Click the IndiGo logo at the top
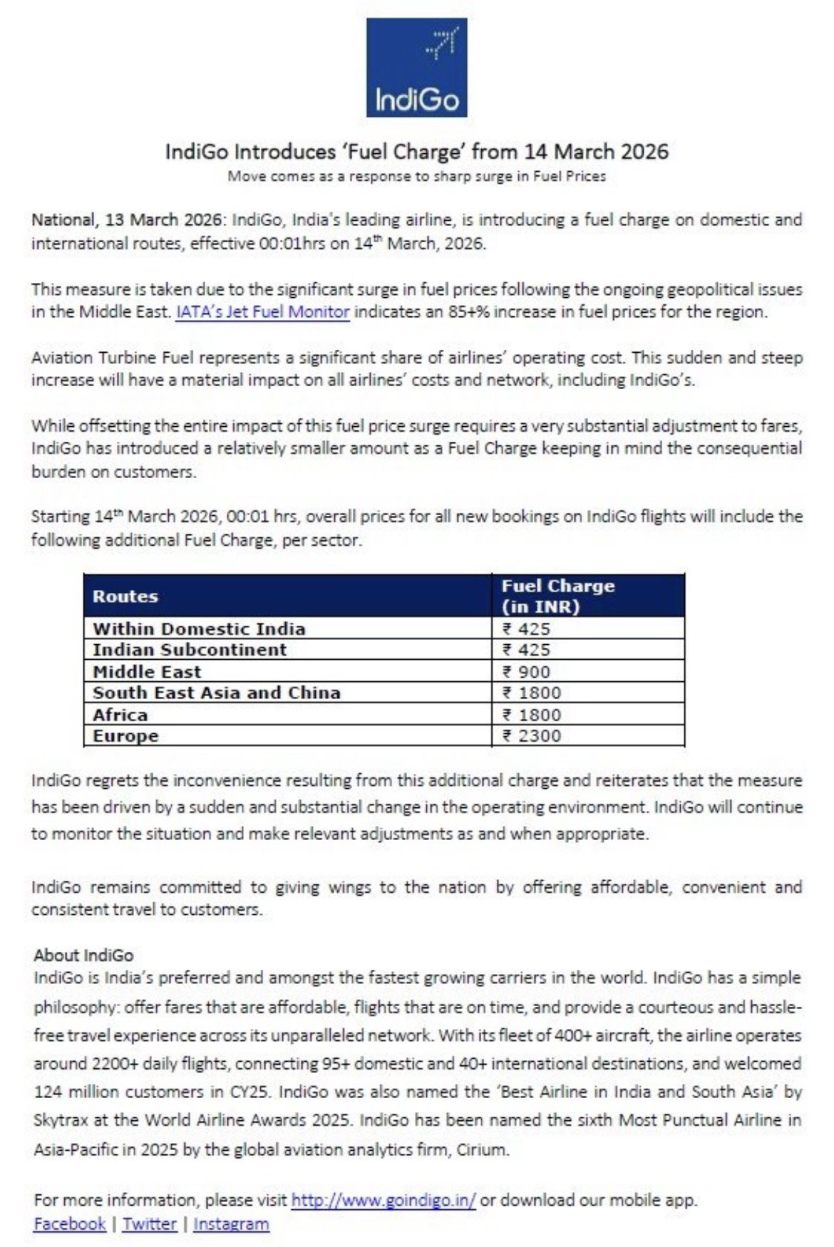point(416,68)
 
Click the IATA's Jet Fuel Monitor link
point(262,312)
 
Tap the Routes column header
point(125,596)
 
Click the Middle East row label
point(147,671)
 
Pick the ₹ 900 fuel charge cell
point(526,671)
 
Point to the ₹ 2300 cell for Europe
point(532,735)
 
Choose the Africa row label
point(120,715)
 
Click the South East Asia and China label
point(217,693)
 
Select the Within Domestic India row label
point(199,628)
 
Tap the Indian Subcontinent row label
point(190,650)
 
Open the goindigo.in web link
point(383,1200)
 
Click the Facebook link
point(69,1224)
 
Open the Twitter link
point(149,1224)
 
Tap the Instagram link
point(231,1224)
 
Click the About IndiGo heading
point(83,956)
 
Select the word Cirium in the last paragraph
point(482,1149)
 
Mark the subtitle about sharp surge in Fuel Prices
point(416,176)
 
